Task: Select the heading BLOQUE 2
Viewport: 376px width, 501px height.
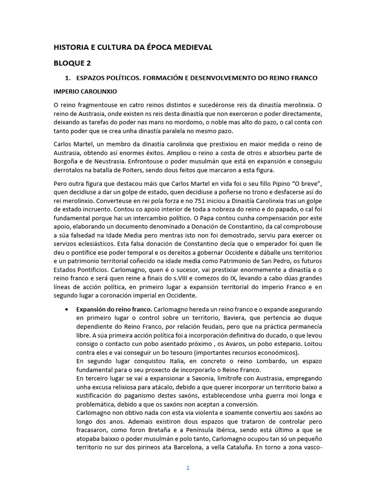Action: (72, 63)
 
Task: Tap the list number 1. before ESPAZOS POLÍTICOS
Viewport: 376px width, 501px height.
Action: (69, 78)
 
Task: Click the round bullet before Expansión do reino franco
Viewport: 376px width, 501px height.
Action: (66, 309)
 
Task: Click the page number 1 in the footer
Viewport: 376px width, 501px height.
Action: (188, 467)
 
